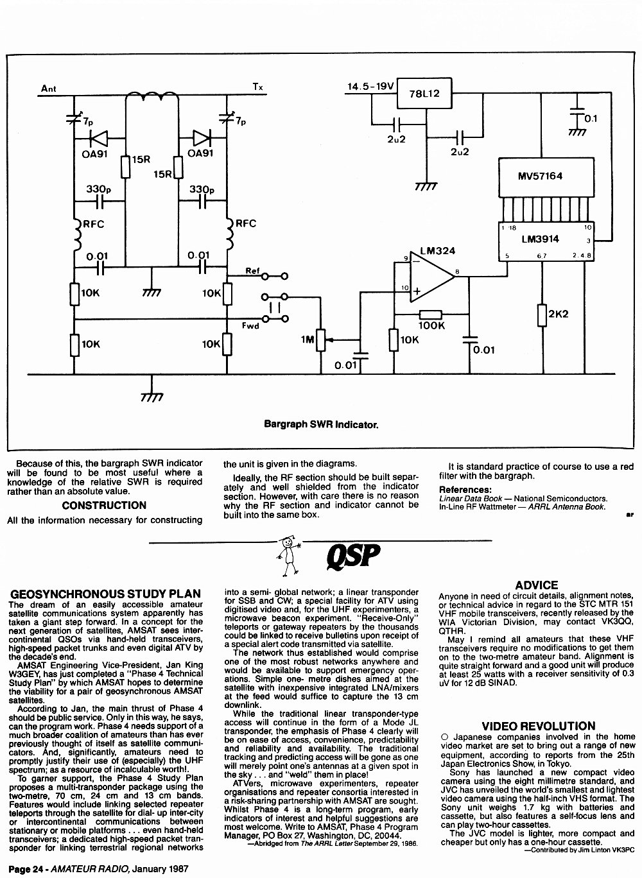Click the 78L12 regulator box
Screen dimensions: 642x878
click(424, 93)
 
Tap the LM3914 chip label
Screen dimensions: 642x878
click(540, 239)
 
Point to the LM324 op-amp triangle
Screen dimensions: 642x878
click(432, 277)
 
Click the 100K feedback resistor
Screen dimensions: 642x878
click(431, 314)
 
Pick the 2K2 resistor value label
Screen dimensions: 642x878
click(558, 314)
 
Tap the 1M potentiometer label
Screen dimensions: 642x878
click(308, 340)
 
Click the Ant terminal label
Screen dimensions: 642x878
click(49, 89)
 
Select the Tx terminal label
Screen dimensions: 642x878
click(257, 87)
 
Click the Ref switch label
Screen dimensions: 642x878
click(252, 270)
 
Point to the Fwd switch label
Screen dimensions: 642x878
click(250, 325)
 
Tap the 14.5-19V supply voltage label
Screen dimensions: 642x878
click(370, 86)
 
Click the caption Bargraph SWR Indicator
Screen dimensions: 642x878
click(321, 424)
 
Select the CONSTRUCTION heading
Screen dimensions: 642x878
click(104, 505)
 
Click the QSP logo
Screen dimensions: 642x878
click(353, 556)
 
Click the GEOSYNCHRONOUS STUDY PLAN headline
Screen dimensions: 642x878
click(105, 594)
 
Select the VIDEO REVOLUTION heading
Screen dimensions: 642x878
click(539, 726)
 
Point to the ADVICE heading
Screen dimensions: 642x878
click(537, 585)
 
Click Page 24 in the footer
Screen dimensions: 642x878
click(26, 869)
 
